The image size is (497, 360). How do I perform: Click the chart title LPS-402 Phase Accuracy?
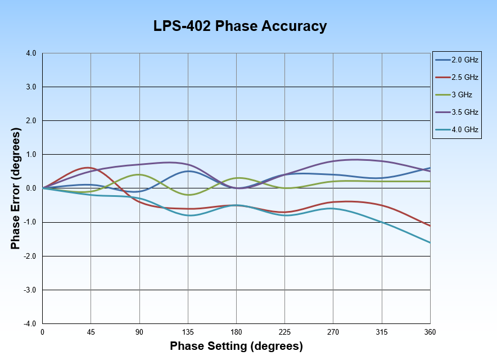[x=240, y=26]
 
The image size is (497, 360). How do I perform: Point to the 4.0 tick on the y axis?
[x=30, y=53]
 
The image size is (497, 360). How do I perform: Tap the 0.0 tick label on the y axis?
[x=30, y=188]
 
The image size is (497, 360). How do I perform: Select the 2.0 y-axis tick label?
[x=30, y=121]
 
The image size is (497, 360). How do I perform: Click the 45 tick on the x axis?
[x=91, y=332]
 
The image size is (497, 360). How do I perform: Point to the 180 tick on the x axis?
[x=236, y=332]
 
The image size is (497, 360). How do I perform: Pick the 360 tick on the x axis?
[x=430, y=332]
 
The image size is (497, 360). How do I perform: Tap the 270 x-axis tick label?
[x=333, y=332]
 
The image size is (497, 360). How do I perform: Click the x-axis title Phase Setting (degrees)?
[x=236, y=345]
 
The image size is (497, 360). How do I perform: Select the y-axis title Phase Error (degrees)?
[x=16, y=188]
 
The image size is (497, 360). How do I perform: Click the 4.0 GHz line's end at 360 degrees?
[x=430, y=242]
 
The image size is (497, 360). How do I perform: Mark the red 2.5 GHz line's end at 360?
[x=430, y=226]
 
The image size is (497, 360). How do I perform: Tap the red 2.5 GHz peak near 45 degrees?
[x=88, y=168]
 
